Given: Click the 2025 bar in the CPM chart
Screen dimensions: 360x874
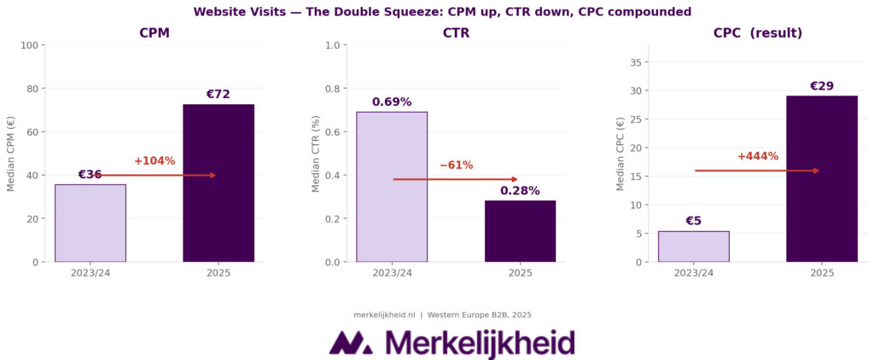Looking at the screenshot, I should coord(218,183).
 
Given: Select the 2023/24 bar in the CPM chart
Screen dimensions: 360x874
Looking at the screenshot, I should coord(90,223).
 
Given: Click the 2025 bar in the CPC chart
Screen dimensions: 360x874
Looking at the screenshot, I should coord(821,178).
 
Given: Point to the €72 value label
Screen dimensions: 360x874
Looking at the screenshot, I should coord(218,95).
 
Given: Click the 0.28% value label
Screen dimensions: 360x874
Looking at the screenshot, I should coord(520,191).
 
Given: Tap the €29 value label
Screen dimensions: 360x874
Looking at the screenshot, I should coord(821,86).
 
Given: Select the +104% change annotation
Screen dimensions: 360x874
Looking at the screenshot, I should coord(154,161).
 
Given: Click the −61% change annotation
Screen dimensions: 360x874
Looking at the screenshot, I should coord(456,165).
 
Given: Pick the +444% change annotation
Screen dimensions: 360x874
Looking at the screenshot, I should coord(757,157).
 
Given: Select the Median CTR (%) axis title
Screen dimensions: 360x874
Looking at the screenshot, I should coord(317,154).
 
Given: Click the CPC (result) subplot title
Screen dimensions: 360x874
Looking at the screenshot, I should coord(757,33).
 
